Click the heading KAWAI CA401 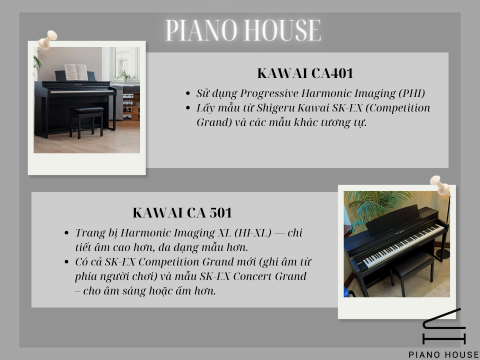click(298, 73)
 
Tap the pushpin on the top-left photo click(45, 40)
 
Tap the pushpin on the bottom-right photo click(437, 186)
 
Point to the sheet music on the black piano click(75, 72)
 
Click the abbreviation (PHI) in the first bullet click(386, 91)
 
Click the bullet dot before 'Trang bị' click(66, 233)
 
